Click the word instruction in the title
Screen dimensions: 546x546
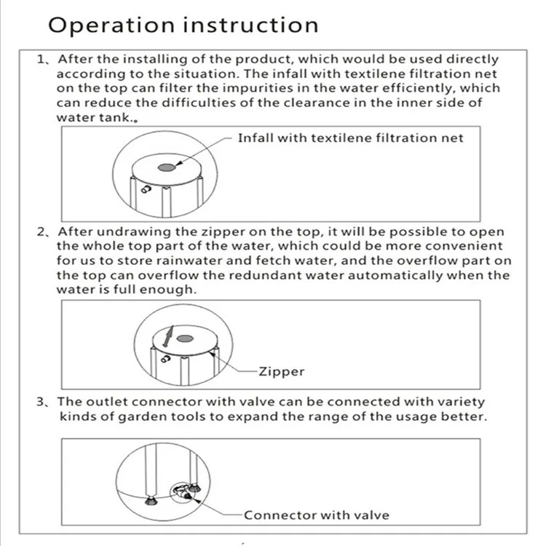click(250, 25)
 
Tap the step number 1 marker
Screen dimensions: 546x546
click(42, 60)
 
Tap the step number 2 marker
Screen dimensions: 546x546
click(42, 232)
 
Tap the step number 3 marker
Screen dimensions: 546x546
click(42, 402)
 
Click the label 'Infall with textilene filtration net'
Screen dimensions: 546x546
click(350, 138)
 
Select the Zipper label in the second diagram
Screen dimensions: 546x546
click(281, 372)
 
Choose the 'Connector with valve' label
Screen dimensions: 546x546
click(316, 515)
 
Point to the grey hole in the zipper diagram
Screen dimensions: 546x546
click(185, 338)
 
